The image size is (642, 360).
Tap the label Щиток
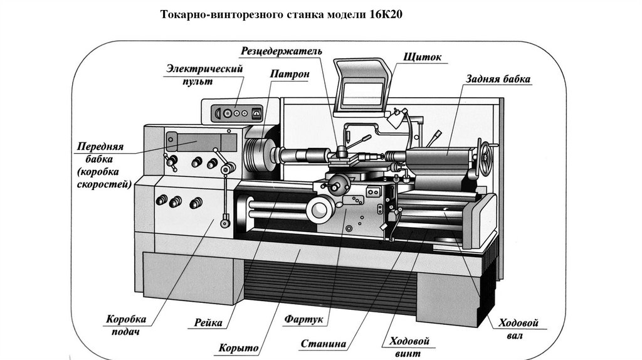point(424,57)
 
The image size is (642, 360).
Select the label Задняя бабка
point(498,80)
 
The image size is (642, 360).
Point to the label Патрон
point(290,74)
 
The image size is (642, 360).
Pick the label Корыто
point(239,347)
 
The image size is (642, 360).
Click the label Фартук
point(303,320)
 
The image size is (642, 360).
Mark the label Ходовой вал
point(519,329)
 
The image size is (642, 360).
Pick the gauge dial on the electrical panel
point(255,114)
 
